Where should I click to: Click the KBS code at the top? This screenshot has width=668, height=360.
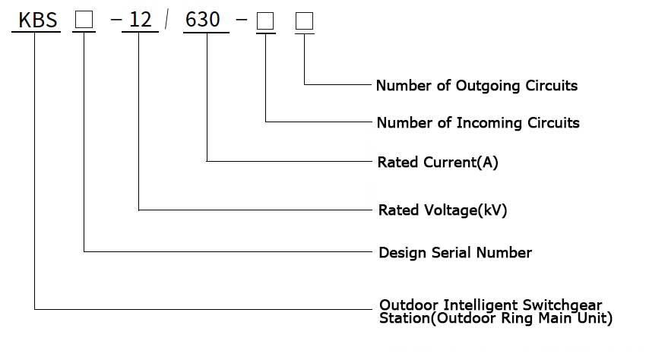coord(37,20)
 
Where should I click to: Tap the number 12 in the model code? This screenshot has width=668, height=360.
coord(140,20)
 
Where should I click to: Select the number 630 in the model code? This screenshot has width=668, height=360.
coord(203,19)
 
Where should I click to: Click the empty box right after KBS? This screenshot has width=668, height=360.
coord(84,20)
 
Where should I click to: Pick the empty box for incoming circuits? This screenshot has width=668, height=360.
coord(265,21)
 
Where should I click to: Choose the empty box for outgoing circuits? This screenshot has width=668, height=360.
coord(304,21)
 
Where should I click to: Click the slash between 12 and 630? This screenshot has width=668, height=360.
coord(166,20)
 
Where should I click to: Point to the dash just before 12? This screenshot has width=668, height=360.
coord(116,20)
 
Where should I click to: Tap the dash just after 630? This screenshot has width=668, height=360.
coord(242,20)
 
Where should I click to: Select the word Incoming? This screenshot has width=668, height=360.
coord(489,123)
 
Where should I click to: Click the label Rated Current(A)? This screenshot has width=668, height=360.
coord(438,162)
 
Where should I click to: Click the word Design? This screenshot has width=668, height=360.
coord(403,253)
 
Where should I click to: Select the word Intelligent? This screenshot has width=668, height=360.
coord(480,305)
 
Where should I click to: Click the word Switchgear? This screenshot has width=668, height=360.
coord(562,305)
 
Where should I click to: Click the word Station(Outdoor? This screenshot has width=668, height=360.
coord(438,318)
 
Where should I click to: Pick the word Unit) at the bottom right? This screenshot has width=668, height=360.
coord(595,318)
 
